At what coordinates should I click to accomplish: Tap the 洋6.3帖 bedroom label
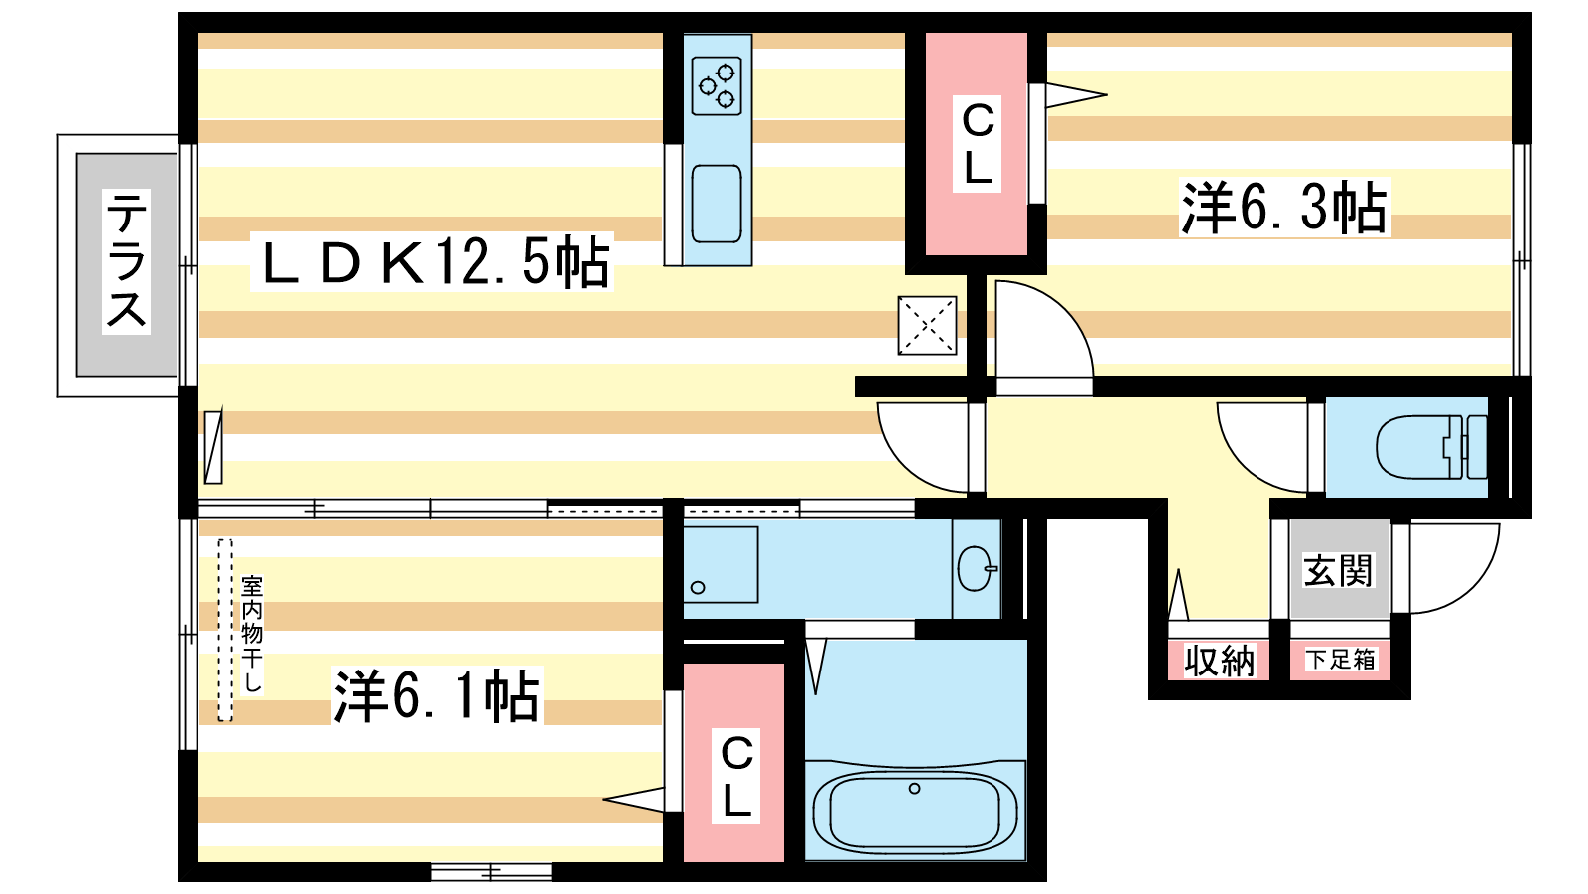point(1284,208)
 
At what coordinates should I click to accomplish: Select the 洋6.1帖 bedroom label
point(437,695)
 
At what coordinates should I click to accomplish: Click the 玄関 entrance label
point(1339,570)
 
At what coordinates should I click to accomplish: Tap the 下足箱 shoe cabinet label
point(1340,660)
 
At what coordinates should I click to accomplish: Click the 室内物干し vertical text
point(252,634)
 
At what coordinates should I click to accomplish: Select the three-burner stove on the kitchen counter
point(717,85)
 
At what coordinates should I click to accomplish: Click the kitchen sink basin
point(716,204)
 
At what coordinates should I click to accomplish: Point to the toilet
point(1430,447)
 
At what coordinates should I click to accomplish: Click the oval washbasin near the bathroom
point(977,568)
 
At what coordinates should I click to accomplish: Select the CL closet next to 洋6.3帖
point(977,143)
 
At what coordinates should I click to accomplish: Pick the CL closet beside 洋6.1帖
point(734,763)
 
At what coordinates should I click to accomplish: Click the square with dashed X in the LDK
point(927,325)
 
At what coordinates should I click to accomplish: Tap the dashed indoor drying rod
point(225,630)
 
